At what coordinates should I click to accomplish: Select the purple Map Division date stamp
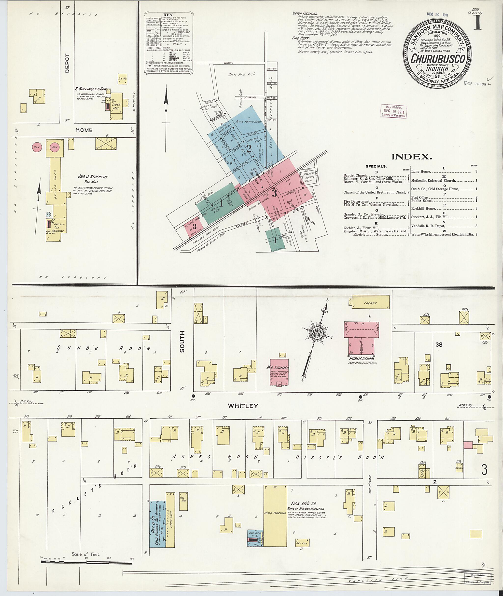click(x=393, y=111)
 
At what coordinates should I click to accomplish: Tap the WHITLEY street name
click(x=243, y=406)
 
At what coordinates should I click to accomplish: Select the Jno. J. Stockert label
click(x=93, y=177)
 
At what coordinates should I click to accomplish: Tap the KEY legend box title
click(x=168, y=14)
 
